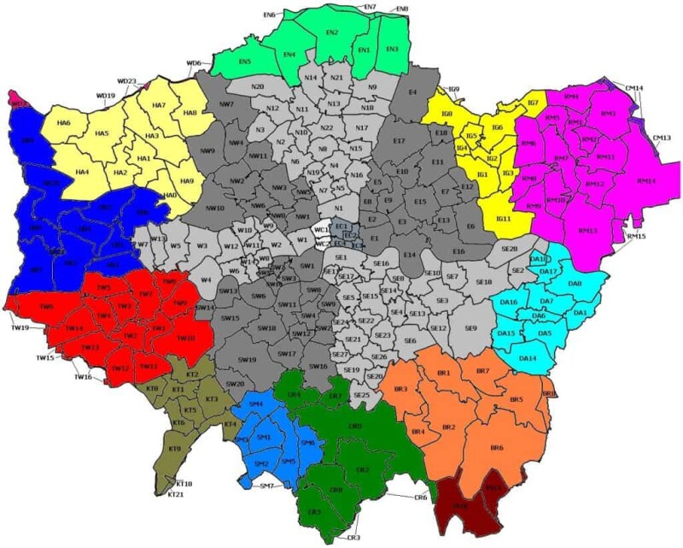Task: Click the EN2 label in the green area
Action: click(332, 32)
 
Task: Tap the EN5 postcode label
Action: click(245, 62)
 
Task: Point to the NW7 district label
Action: click(226, 104)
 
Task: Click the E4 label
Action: click(412, 91)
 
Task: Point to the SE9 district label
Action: click(470, 328)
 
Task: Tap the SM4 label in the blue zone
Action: click(256, 404)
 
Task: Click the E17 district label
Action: click(398, 140)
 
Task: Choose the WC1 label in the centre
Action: click(322, 230)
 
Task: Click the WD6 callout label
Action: click(194, 64)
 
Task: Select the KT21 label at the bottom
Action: click(177, 495)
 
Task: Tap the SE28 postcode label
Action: click(509, 249)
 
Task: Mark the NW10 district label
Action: click(215, 208)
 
